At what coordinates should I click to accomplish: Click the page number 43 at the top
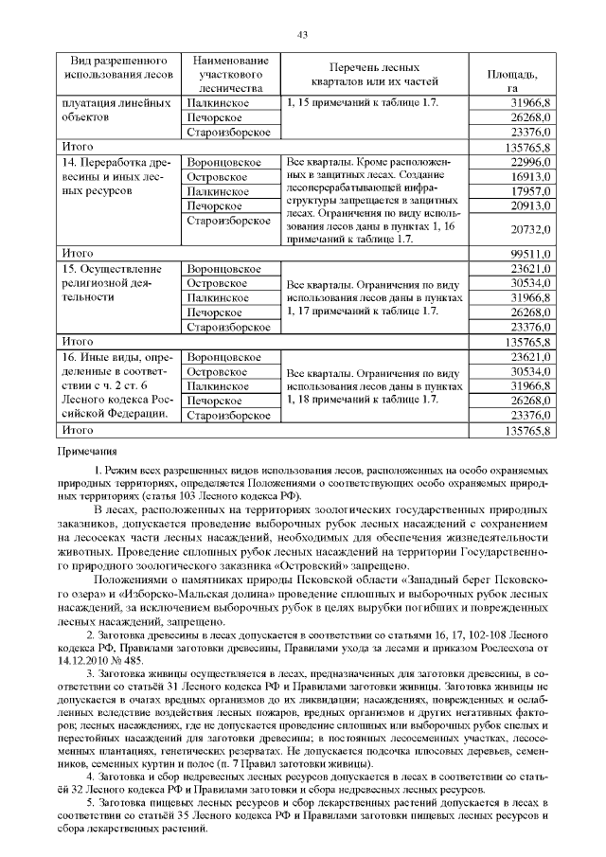click(303, 35)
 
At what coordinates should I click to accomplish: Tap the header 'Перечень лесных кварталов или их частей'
click(374, 73)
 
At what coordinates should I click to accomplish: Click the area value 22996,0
click(530, 164)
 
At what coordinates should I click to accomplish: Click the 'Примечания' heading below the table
click(88, 453)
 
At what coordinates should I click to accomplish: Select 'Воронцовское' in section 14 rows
click(223, 164)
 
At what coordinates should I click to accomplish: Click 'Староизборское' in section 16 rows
click(229, 415)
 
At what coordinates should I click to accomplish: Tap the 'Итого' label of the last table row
click(77, 430)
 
